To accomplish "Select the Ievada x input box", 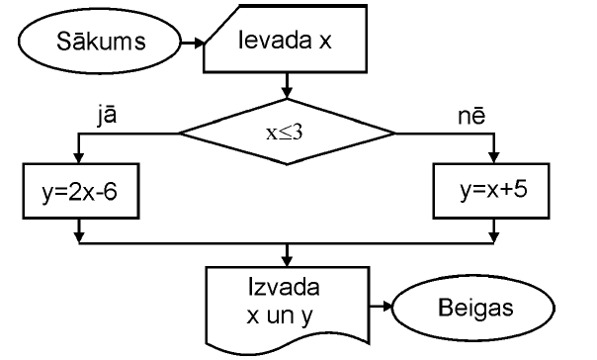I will click(x=286, y=44).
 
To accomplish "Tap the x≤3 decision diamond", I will click(x=286, y=132).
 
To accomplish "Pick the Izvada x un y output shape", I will click(x=286, y=303).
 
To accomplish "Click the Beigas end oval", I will click(x=476, y=307).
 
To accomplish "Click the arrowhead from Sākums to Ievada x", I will click(x=197, y=44).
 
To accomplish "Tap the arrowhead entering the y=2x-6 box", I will click(x=78, y=157).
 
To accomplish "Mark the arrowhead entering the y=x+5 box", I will click(x=492, y=157).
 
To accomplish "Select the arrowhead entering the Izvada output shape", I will click(x=286, y=259).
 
